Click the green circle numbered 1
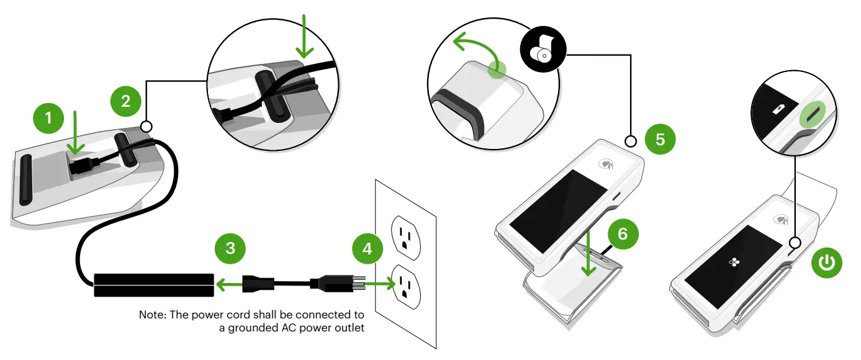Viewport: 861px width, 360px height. click(49, 117)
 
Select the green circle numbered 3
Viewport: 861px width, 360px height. click(230, 248)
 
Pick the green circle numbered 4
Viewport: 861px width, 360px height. click(368, 248)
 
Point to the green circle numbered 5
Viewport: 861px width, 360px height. click(660, 139)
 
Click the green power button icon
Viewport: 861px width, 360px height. click(827, 263)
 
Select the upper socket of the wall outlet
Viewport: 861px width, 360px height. click(404, 235)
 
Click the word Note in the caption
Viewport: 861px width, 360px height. click(151, 315)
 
